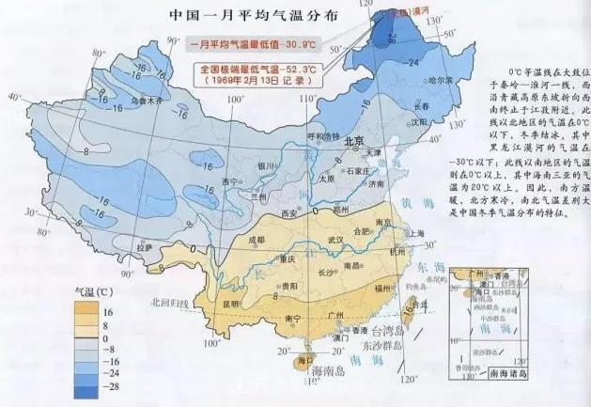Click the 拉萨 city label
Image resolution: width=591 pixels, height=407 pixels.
click(145, 246)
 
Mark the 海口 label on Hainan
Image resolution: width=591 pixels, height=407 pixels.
click(303, 360)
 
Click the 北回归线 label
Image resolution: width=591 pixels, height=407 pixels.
click(167, 303)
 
